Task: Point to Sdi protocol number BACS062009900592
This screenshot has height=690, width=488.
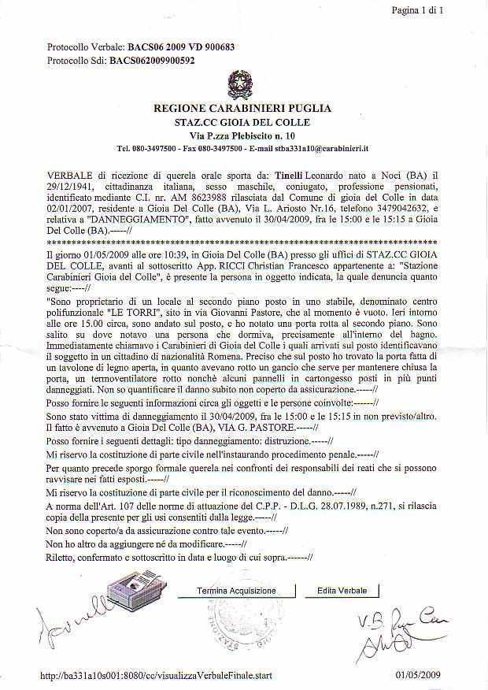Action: pyautogui.click(x=151, y=59)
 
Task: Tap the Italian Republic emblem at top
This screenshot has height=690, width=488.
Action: pyautogui.click(x=237, y=82)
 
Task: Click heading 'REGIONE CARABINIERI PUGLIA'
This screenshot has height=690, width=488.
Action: pyautogui.click(x=242, y=108)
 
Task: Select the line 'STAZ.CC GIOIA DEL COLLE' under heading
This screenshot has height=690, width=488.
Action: pyautogui.click(x=242, y=122)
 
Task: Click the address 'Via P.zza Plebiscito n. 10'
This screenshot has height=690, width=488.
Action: pyautogui.click(x=242, y=135)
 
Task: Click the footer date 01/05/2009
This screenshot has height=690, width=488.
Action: pyautogui.click(x=419, y=675)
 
